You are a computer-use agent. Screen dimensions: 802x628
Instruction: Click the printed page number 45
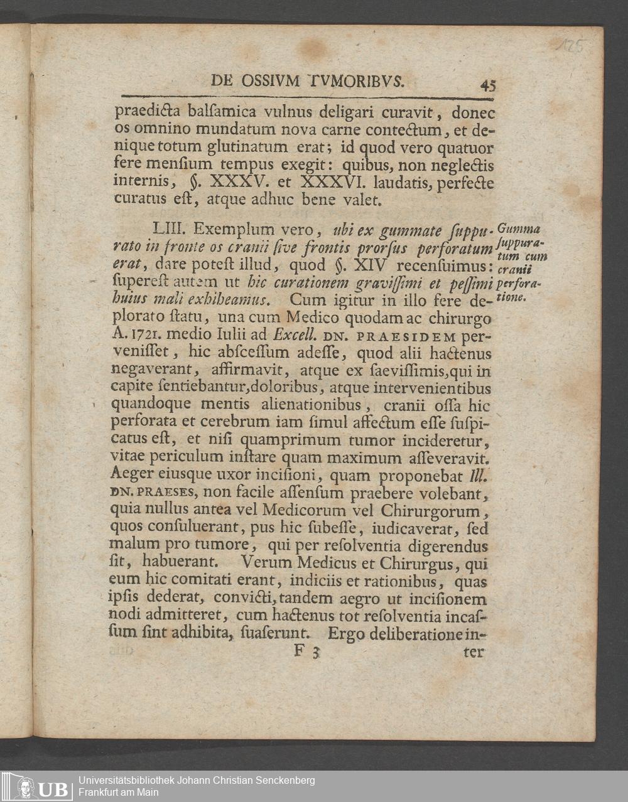[x=487, y=85]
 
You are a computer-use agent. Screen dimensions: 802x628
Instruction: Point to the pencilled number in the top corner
[x=569, y=46]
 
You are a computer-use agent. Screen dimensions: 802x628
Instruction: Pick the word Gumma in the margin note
[x=518, y=228]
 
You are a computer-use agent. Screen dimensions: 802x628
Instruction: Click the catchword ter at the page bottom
[x=474, y=652]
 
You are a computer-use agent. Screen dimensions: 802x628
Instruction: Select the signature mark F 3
[x=307, y=651]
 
